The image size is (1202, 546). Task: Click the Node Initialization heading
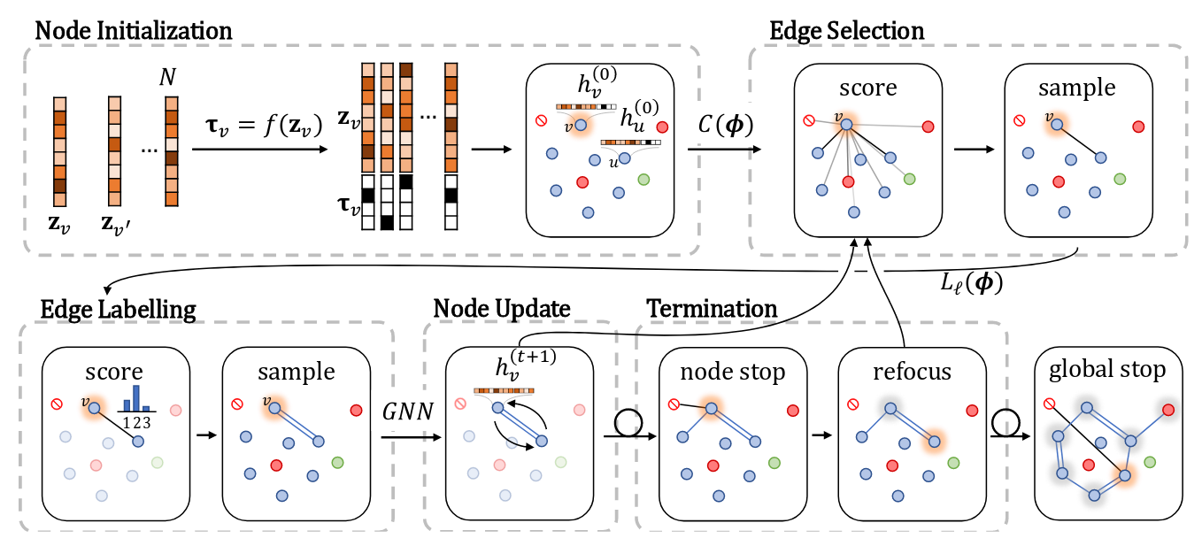[x=133, y=29]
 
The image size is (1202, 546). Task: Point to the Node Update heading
[x=501, y=308]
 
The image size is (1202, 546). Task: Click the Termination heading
[x=712, y=308]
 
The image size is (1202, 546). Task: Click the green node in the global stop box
[x=1149, y=461]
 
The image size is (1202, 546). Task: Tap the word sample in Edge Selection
[x=1076, y=89]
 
